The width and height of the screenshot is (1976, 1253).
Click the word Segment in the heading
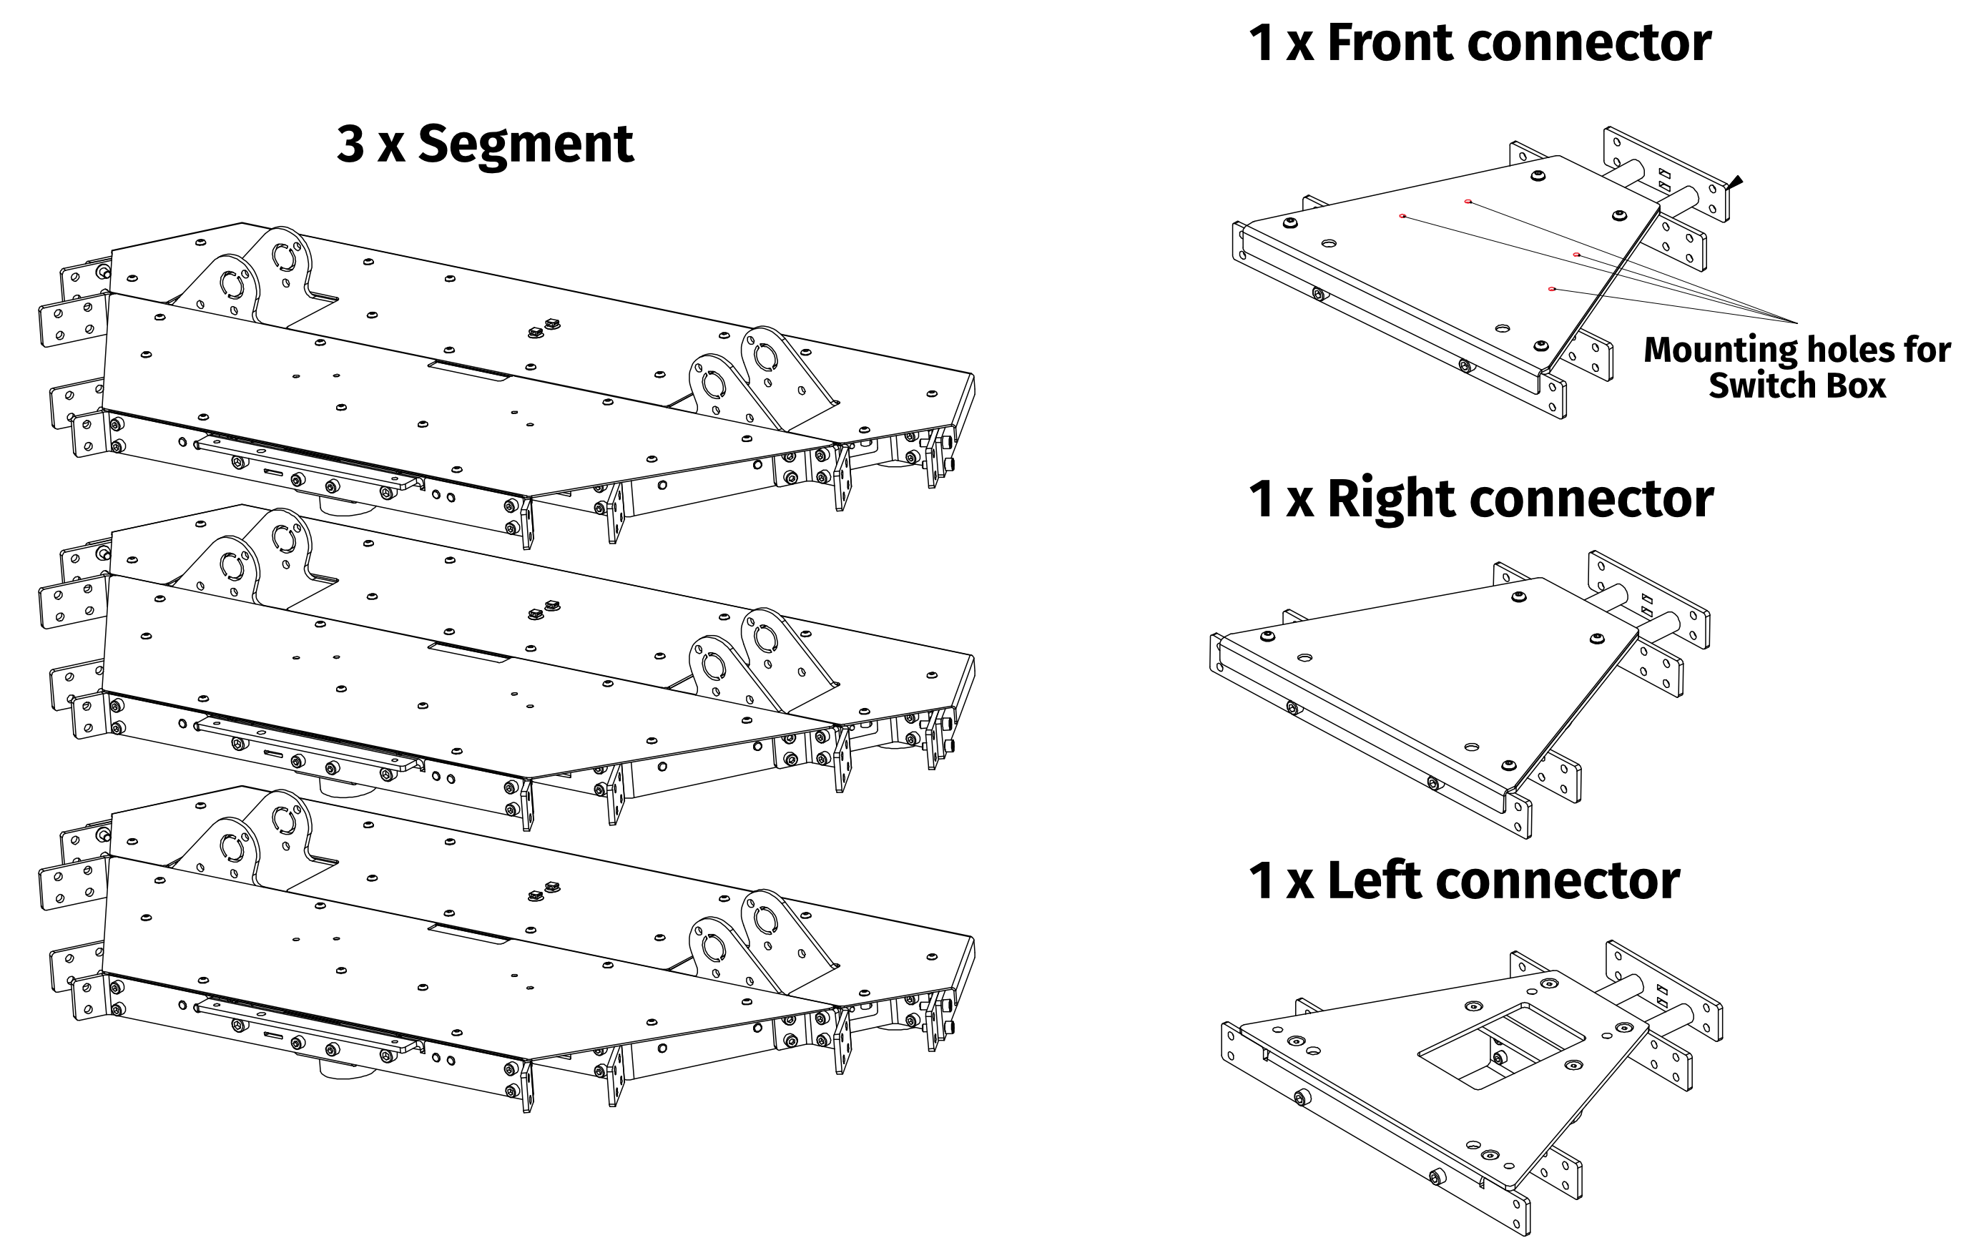(x=525, y=144)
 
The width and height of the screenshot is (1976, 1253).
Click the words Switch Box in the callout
(x=1797, y=385)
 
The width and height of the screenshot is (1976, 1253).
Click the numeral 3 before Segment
(x=350, y=144)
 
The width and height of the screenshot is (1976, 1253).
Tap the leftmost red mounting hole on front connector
(x=1402, y=216)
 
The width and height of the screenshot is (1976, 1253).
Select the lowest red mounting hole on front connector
(x=1551, y=289)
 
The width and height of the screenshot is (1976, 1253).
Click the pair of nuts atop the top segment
(x=544, y=328)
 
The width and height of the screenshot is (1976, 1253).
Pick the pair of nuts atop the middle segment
(x=544, y=609)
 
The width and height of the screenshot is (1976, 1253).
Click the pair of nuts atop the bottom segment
(x=544, y=892)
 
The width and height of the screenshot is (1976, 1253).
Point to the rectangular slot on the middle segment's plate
(x=468, y=652)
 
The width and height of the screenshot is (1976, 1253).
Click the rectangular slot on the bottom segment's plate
(x=468, y=935)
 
